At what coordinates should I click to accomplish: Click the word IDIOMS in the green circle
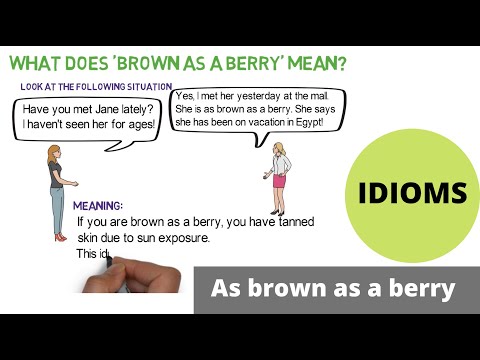pos(413,192)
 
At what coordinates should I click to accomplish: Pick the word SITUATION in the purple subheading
pos(143,87)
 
